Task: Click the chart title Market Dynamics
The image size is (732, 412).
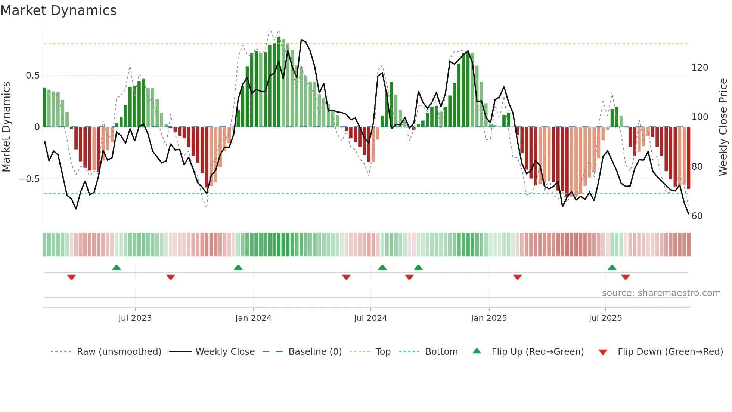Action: click(x=59, y=10)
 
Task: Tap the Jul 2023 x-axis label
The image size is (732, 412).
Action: click(x=135, y=318)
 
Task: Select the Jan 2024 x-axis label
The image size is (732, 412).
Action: click(x=253, y=318)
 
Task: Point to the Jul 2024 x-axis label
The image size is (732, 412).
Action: click(x=370, y=318)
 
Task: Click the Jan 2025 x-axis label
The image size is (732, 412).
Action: click(x=488, y=318)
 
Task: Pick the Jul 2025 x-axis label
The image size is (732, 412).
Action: click(x=605, y=318)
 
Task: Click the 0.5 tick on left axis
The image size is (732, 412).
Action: click(x=32, y=76)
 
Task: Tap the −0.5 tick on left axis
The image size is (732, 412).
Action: click(x=30, y=179)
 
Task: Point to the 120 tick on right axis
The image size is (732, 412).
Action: click(x=700, y=68)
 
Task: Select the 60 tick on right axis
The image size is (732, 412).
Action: click(x=697, y=216)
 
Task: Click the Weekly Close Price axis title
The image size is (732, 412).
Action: click(x=723, y=127)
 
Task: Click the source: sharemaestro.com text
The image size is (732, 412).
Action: click(x=661, y=293)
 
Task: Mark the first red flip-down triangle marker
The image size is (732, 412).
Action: click(x=71, y=277)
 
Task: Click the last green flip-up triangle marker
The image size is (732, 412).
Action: click(x=612, y=267)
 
